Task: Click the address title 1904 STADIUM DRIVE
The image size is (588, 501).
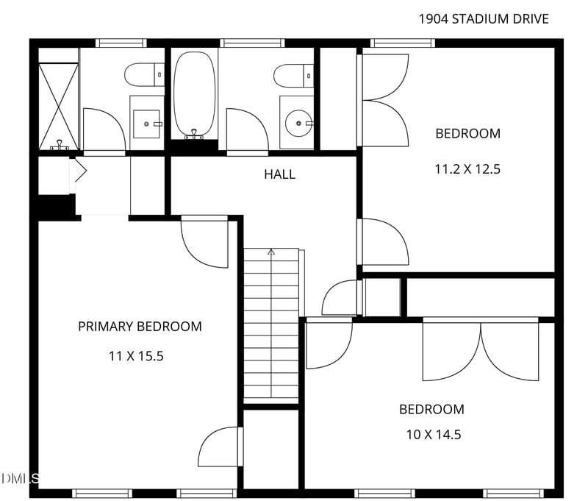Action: pyautogui.click(x=484, y=19)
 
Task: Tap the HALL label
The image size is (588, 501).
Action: pyautogui.click(x=279, y=174)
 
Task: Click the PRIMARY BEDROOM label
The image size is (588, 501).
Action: pyautogui.click(x=140, y=327)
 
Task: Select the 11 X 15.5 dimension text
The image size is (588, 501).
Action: pyautogui.click(x=136, y=356)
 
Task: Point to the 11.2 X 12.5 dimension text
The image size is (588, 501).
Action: pyautogui.click(x=467, y=169)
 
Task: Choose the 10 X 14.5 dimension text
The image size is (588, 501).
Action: pyautogui.click(x=434, y=435)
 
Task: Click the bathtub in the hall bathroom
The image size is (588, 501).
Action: pyautogui.click(x=195, y=94)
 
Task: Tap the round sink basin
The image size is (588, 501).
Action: pyautogui.click(x=298, y=123)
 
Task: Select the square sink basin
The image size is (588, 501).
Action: pyautogui.click(x=146, y=124)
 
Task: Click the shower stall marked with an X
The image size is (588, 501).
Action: pyautogui.click(x=59, y=107)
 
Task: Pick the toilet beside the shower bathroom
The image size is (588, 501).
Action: pyautogui.click(x=144, y=74)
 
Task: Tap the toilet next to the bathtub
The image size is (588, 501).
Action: pyautogui.click(x=293, y=76)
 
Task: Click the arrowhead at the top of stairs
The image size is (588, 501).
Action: pyautogui.click(x=271, y=252)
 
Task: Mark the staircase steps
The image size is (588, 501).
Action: pyautogui.click(x=271, y=326)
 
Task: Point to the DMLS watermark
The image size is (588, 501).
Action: pyautogui.click(x=20, y=478)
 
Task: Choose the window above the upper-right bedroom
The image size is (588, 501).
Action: pyautogui.click(x=403, y=43)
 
